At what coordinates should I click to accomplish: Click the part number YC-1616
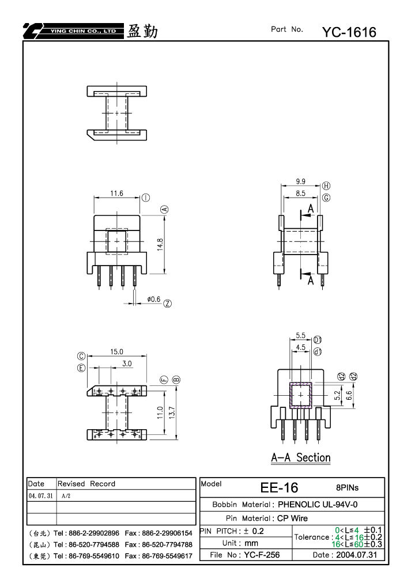(x=349, y=32)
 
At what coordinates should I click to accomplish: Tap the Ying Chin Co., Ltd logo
(x=73, y=31)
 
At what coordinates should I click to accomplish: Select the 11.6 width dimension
(x=116, y=194)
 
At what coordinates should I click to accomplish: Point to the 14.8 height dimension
(x=160, y=244)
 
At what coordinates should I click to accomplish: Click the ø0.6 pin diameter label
(x=154, y=299)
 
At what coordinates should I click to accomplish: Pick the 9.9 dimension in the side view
(x=300, y=181)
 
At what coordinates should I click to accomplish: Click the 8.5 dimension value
(x=300, y=194)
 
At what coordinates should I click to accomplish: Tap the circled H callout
(x=326, y=185)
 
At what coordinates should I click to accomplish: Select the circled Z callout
(x=167, y=304)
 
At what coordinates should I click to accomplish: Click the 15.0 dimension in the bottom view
(x=116, y=352)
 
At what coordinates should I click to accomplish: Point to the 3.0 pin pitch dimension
(x=127, y=363)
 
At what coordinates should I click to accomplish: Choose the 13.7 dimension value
(x=172, y=412)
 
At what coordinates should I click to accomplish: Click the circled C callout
(x=81, y=356)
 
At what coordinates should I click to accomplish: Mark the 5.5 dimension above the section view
(x=300, y=335)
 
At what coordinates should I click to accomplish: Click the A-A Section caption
(x=301, y=457)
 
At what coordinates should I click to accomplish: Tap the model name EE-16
(x=279, y=488)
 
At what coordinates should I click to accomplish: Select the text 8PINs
(x=347, y=488)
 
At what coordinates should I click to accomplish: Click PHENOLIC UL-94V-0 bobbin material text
(x=318, y=505)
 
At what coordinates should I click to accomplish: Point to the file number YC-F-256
(x=262, y=555)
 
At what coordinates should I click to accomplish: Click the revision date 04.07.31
(x=41, y=496)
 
